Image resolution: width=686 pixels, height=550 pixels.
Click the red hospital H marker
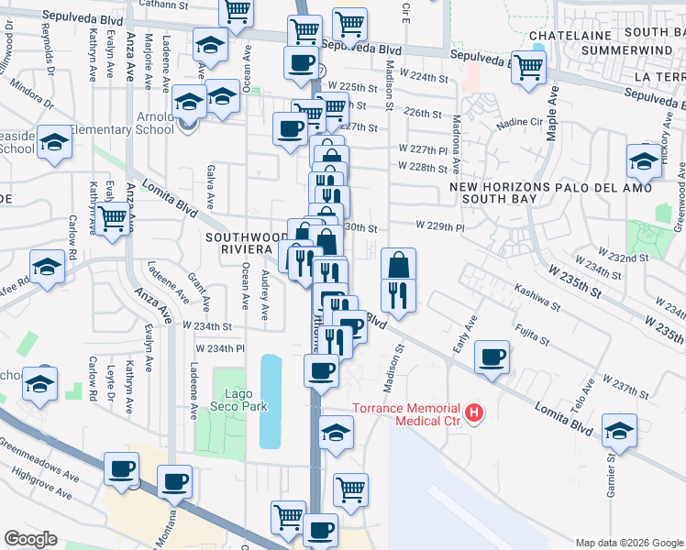click(x=474, y=413)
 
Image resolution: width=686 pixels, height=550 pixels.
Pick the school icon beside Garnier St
click(x=619, y=429)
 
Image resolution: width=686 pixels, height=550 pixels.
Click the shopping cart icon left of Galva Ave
click(x=113, y=219)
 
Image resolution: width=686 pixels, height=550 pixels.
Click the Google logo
click(x=30, y=539)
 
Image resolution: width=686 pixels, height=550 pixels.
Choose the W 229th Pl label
click(x=439, y=225)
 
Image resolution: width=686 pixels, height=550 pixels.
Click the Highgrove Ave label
click(x=42, y=481)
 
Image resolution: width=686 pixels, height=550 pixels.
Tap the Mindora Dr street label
click(x=33, y=98)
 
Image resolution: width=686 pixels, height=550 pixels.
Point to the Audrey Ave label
click(x=265, y=295)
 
